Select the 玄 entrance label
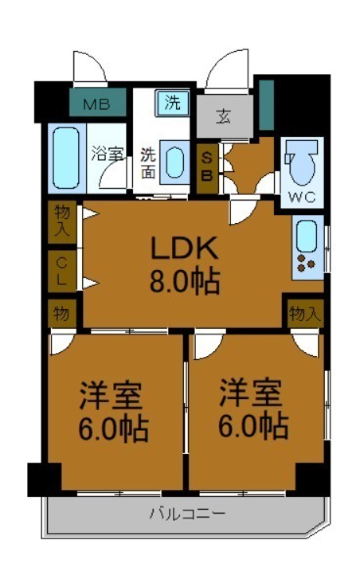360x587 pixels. coord(223,117)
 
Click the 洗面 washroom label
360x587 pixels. coord(147,161)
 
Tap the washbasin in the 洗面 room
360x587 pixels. coord(175,161)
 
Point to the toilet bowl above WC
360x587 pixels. coord(305,162)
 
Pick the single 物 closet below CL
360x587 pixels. coord(61,313)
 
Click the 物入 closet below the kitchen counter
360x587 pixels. coord(304,313)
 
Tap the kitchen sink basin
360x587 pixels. coord(306,234)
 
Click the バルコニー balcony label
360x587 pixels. coord(187,514)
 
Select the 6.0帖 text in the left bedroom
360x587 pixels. coord(112,427)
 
